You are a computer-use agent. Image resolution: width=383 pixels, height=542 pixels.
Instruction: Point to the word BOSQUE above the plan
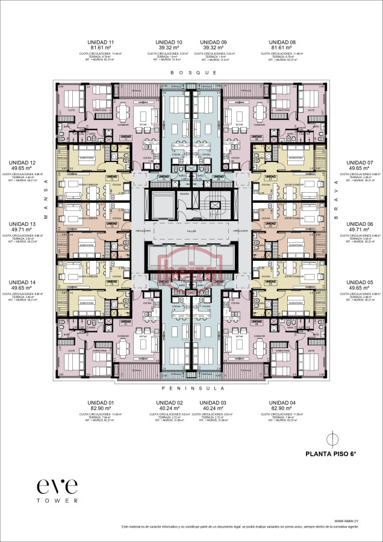193,72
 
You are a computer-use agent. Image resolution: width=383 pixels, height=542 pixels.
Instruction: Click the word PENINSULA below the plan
193,388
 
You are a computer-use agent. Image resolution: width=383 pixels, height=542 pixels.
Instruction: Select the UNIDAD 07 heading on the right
361,163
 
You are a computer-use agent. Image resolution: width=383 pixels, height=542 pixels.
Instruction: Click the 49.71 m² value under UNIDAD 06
361,229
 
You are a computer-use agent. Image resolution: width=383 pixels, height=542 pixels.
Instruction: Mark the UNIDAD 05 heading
361,282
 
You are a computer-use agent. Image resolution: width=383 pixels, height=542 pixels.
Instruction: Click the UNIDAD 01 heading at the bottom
100,402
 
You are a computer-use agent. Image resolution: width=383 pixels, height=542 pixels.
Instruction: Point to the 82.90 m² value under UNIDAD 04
283,409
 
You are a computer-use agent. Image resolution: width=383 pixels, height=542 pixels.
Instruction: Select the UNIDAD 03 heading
213,402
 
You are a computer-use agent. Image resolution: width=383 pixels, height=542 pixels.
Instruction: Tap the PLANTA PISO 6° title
331,455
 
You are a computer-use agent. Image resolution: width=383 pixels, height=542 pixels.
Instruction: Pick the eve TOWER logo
57,489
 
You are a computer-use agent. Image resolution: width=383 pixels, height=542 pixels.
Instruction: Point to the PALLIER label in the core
192,231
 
